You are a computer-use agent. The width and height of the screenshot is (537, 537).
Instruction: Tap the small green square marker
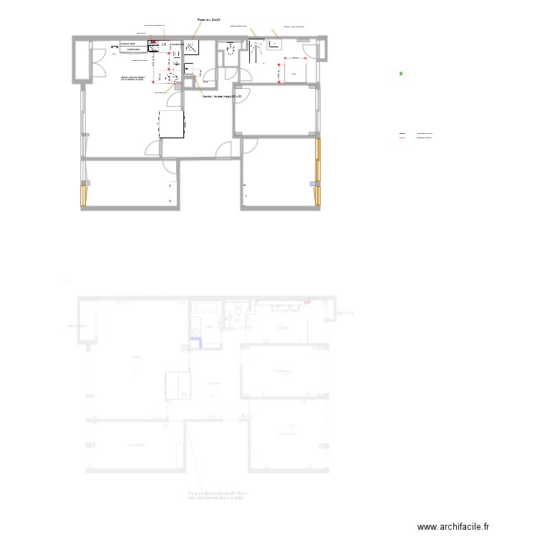tap(402, 74)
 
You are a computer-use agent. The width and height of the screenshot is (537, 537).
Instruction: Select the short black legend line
tap(402, 134)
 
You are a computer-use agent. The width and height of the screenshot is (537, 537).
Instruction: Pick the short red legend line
tap(402, 137)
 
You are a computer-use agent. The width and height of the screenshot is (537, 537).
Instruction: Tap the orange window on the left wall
tap(84, 195)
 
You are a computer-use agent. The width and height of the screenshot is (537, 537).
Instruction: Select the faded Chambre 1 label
tap(284, 371)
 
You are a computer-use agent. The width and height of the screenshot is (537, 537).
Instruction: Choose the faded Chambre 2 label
tap(288, 434)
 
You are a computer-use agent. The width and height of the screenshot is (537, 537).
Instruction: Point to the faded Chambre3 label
tap(136, 445)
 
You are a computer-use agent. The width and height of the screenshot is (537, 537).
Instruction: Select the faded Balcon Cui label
tap(346, 312)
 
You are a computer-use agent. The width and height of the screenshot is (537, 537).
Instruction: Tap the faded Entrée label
tap(214, 384)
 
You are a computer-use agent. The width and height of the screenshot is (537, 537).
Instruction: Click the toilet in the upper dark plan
tap(231, 49)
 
